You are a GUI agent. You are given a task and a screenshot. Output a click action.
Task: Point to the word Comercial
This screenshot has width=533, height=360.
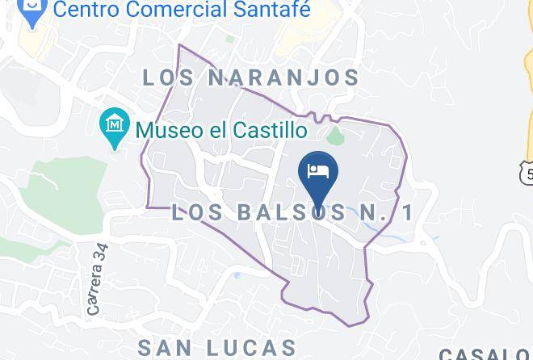pos(180,11)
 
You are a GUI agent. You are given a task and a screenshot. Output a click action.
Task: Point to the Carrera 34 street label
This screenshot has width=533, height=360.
pos(99,279)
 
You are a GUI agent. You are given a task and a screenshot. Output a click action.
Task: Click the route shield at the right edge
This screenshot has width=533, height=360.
pos(527,172)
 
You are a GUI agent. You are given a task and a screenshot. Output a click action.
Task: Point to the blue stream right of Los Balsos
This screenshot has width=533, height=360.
pos(380,232)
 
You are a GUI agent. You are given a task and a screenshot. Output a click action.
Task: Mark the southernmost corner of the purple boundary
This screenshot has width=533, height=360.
pos(349,325)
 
